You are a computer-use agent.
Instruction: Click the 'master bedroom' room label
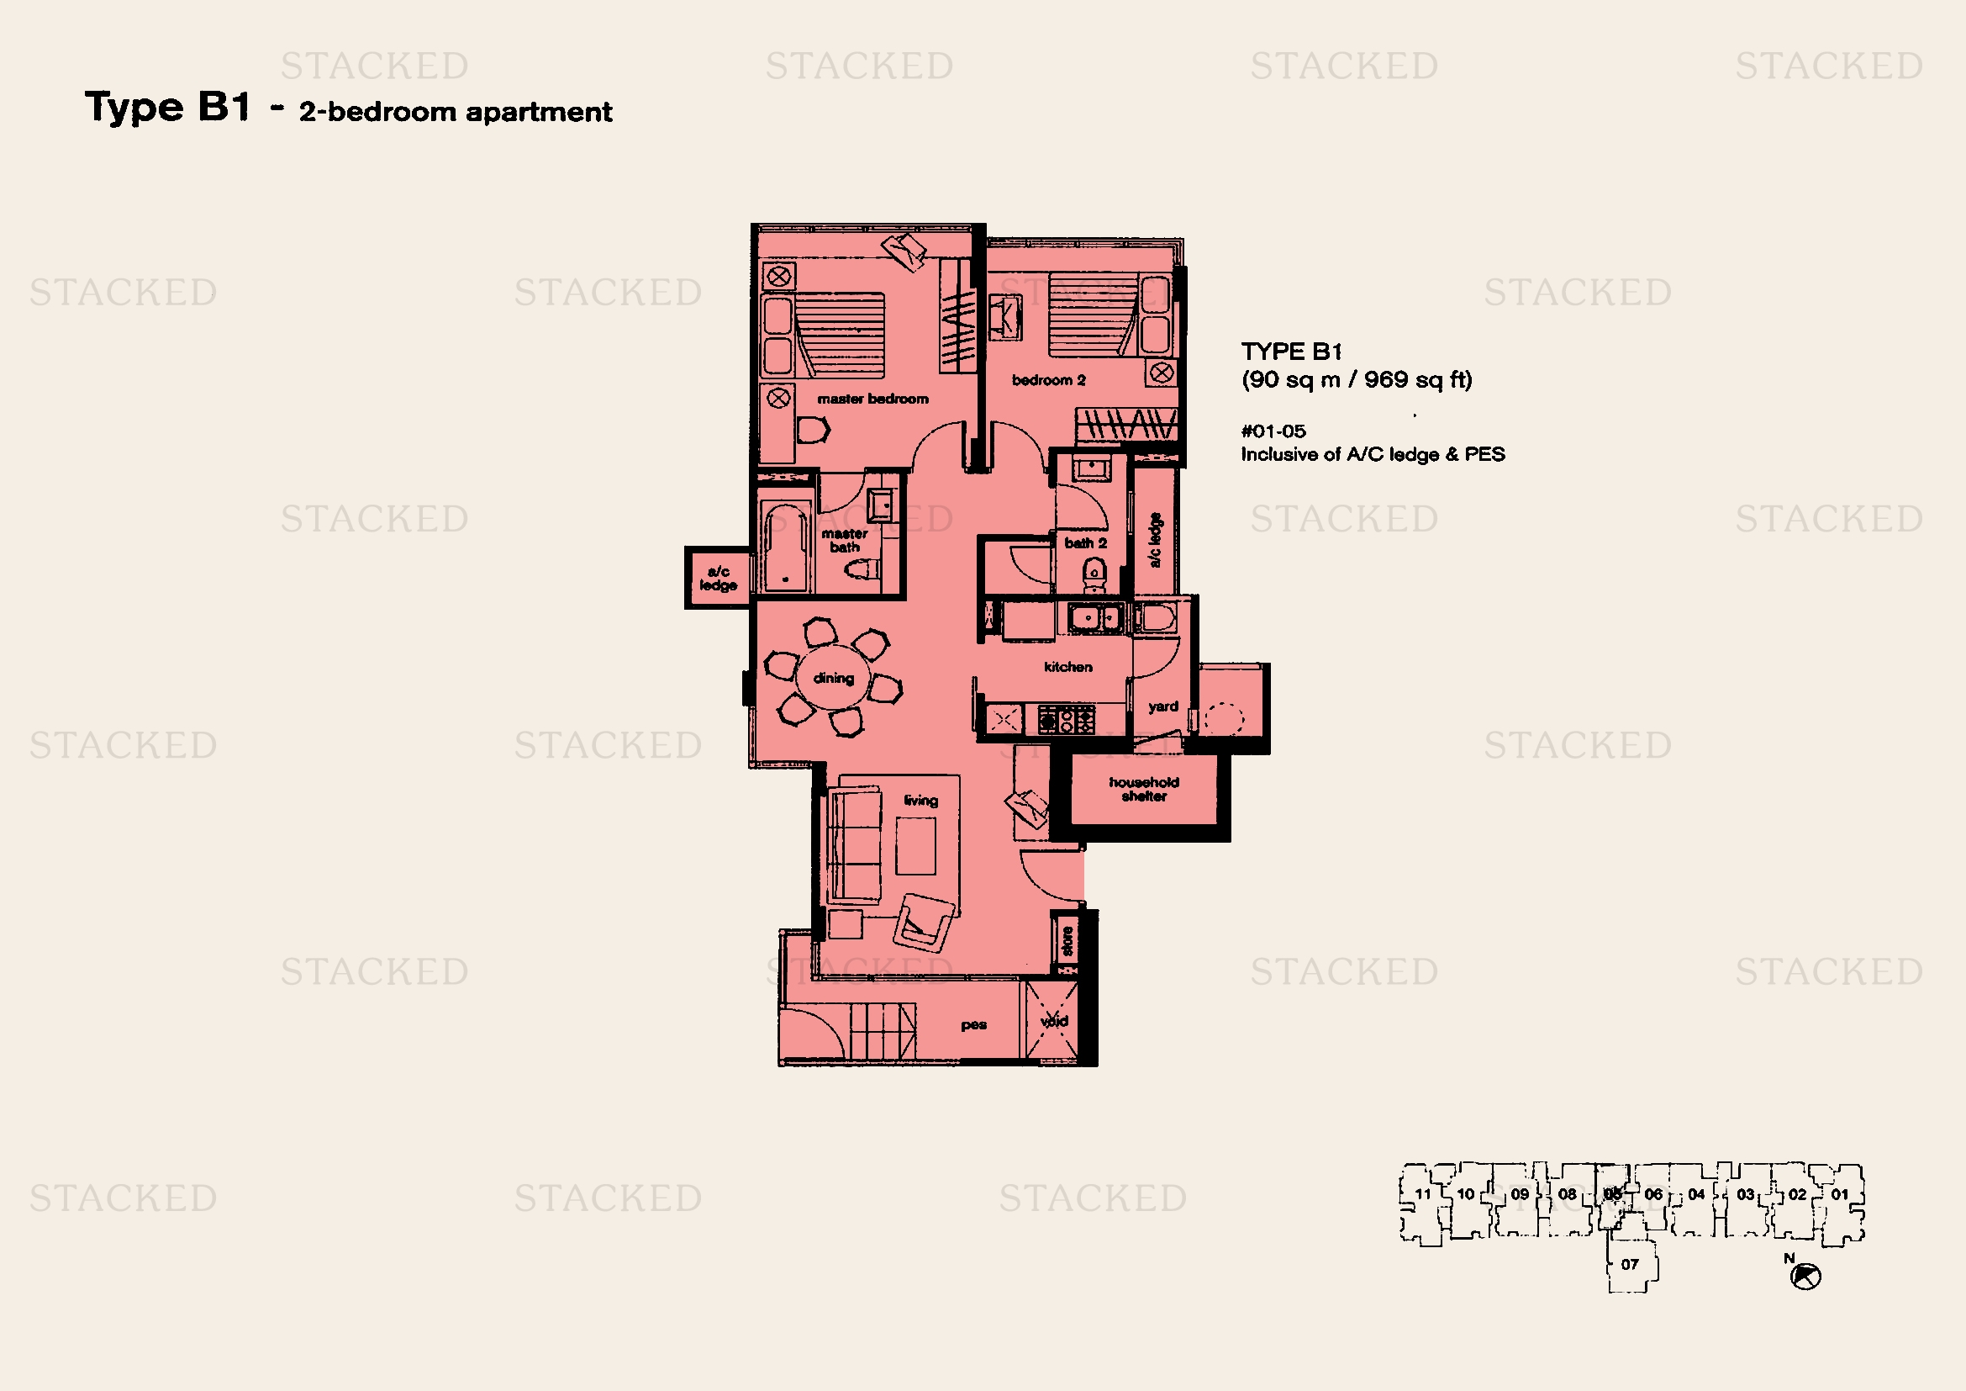(872, 399)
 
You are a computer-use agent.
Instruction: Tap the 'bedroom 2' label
(1049, 379)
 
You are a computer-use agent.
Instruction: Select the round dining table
(834, 678)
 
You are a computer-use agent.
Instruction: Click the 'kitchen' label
(1067, 666)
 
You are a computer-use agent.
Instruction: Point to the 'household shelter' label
(1144, 789)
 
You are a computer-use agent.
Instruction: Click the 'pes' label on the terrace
(973, 1024)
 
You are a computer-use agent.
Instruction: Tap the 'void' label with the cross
(1054, 1020)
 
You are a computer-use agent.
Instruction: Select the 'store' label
(1067, 940)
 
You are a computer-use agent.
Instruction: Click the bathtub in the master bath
(785, 546)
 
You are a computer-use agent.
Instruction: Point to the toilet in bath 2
(1094, 574)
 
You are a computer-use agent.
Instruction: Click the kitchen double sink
(1094, 616)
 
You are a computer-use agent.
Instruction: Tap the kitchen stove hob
(1066, 718)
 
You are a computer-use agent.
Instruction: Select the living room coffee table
(915, 845)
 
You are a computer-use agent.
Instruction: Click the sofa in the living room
(854, 846)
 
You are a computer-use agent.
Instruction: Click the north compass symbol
(1805, 1277)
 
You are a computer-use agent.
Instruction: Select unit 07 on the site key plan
(1631, 1263)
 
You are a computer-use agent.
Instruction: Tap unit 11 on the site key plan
(1422, 1194)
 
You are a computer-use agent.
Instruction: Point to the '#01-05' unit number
(1273, 431)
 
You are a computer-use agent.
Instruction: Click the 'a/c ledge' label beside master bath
(718, 578)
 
